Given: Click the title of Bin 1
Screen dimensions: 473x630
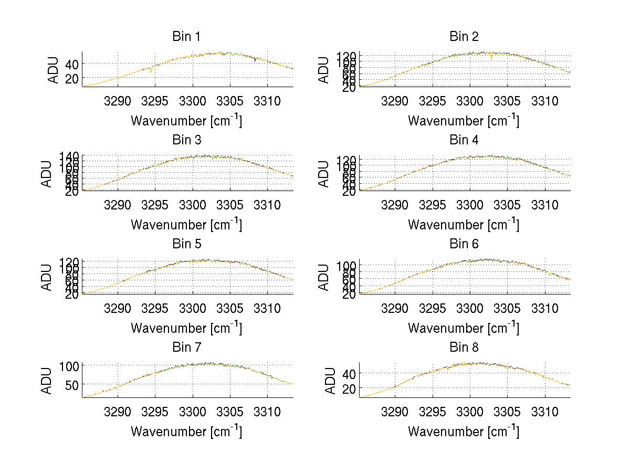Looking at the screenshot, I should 186,37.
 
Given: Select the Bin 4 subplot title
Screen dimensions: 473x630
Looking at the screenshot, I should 464,140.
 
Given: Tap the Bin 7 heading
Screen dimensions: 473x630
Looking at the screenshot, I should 186,348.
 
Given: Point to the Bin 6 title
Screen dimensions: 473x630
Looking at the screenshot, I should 464,244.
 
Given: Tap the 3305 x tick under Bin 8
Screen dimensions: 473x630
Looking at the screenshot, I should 507,412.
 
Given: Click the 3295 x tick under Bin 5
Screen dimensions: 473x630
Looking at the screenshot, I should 155,308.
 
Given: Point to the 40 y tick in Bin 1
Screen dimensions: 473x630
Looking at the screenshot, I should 71,64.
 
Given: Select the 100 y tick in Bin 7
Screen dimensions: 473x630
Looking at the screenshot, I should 69,365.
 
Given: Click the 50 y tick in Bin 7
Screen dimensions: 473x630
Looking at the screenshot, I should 71,384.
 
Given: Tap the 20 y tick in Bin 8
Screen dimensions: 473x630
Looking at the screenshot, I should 349,388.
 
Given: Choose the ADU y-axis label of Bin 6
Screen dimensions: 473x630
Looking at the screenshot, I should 324,277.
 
